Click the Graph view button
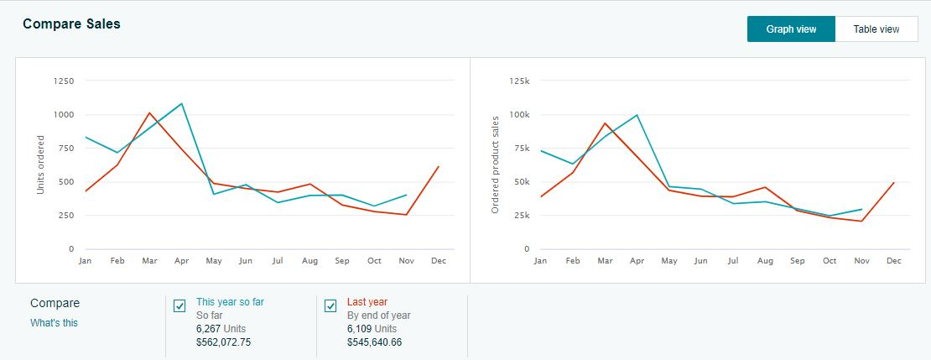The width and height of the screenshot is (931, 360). click(x=791, y=29)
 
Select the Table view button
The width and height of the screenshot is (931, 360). click(x=876, y=29)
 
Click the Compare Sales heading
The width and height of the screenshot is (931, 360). click(x=71, y=24)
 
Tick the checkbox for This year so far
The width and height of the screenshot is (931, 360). click(x=179, y=305)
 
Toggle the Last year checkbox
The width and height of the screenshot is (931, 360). click(x=330, y=305)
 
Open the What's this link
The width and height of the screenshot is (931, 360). click(x=54, y=323)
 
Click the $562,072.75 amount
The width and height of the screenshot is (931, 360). click(x=223, y=342)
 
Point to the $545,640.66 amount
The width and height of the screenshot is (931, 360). click(x=374, y=342)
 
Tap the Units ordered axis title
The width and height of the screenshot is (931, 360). click(x=40, y=164)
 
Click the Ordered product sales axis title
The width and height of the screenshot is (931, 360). click(x=496, y=164)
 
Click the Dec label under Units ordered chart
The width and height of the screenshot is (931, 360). click(x=439, y=261)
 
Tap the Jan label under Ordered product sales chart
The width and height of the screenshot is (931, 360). click(x=540, y=261)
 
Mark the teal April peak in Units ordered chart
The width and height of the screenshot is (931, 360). click(x=182, y=104)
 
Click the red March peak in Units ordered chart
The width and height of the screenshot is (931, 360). click(x=149, y=112)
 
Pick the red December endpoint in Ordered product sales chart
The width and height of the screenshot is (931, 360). click(x=894, y=183)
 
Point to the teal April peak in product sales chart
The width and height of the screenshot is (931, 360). click(x=637, y=115)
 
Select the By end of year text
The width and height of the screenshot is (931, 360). click(x=379, y=316)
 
